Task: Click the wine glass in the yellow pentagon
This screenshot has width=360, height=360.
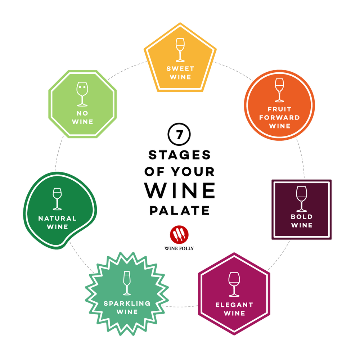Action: (x=180, y=49)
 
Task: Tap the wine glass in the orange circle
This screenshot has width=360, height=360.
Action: (x=279, y=90)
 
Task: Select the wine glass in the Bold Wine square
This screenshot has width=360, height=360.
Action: (x=301, y=199)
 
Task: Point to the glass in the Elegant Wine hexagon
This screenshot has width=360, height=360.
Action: (x=234, y=284)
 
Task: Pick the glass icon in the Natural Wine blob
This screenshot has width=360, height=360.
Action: (x=57, y=198)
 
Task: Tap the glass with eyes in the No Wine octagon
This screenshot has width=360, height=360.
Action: (x=82, y=94)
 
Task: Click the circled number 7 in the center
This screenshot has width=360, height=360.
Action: (x=179, y=134)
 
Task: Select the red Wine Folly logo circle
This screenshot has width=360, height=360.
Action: (x=179, y=235)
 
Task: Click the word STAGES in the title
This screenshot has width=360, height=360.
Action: (x=179, y=155)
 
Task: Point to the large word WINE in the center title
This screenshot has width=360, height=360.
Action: (x=180, y=191)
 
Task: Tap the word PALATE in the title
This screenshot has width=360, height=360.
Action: (x=179, y=210)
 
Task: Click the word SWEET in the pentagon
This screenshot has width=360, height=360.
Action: (x=180, y=68)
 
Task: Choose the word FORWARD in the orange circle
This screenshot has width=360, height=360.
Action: (x=279, y=117)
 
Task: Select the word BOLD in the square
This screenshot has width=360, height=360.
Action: (x=302, y=217)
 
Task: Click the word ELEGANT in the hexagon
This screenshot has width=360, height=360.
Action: (x=234, y=305)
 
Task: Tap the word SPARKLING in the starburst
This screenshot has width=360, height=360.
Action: (x=127, y=303)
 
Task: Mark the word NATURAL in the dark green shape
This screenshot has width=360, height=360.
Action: (x=57, y=218)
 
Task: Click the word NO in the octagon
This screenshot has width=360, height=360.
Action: (x=82, y=113)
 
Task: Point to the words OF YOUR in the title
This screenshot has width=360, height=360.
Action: (x=179, y=172)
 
